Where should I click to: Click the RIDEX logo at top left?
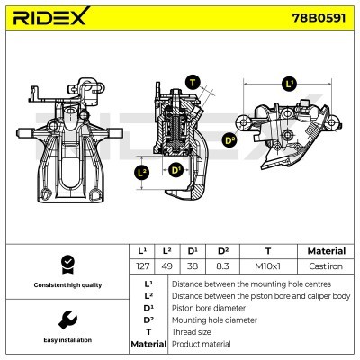(49, 19)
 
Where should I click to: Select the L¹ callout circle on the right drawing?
(289, 84)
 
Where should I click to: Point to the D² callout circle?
(229, 139)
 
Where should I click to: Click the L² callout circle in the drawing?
(142, 171)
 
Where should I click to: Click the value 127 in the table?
(141, 266)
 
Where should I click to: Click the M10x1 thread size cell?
(266, 266)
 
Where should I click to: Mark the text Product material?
(200, 344)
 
